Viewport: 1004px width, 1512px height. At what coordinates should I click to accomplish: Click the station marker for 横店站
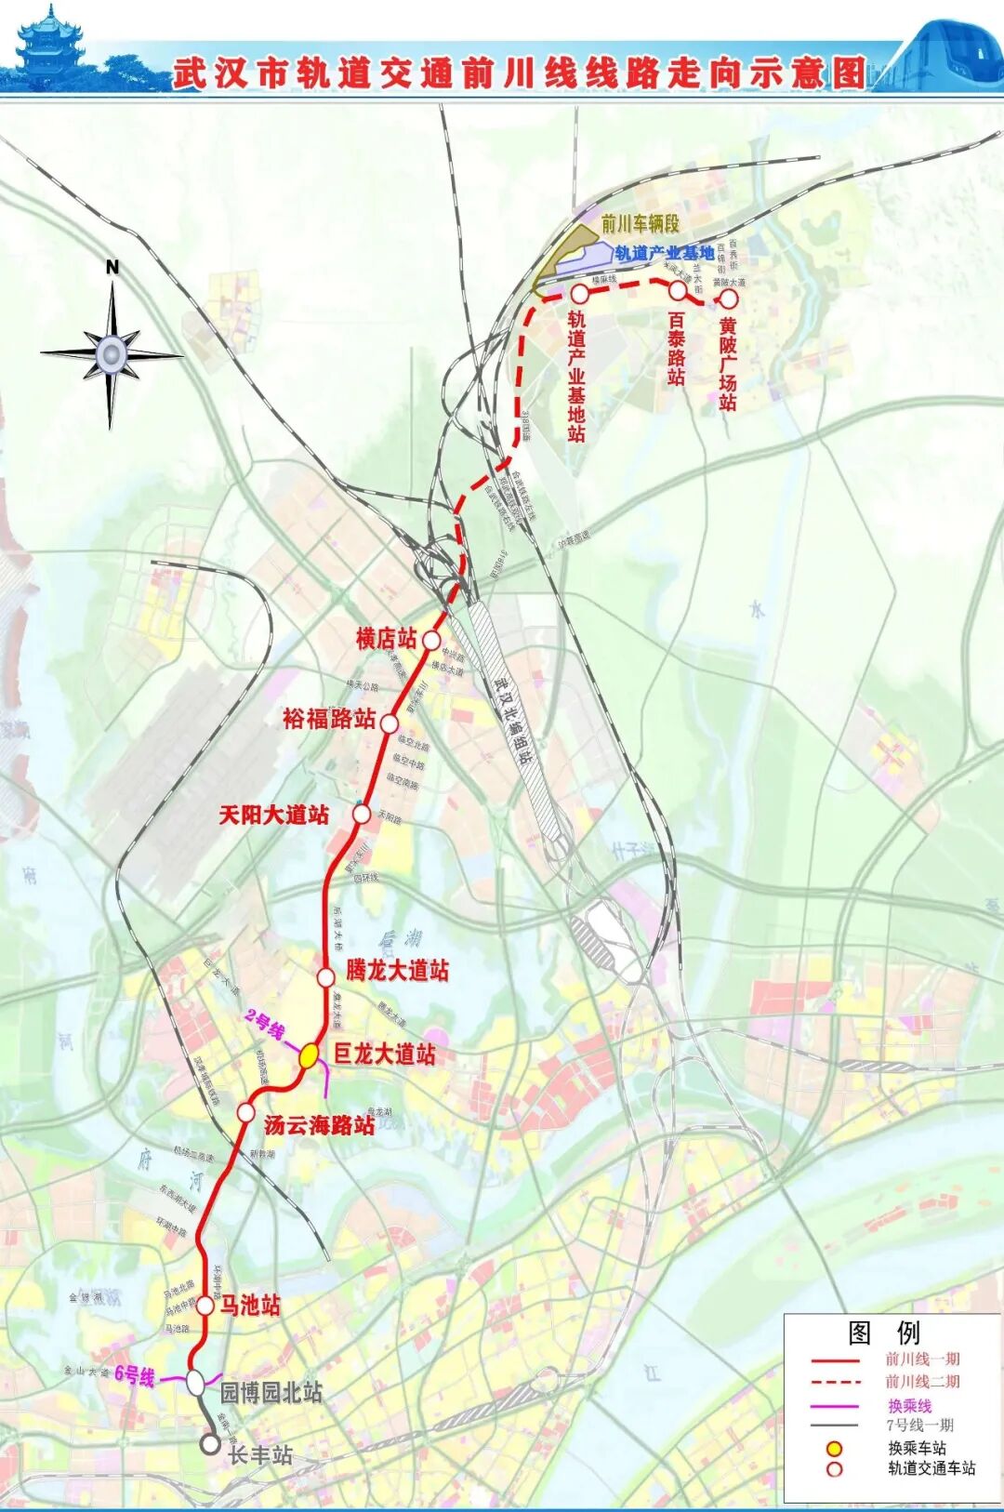pos(431,640)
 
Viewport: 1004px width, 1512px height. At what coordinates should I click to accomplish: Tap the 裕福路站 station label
pos(329,719)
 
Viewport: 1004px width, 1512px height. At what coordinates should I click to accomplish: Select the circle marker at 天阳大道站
pos(363,815)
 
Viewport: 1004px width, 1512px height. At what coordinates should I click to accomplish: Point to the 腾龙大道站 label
pos(397,971)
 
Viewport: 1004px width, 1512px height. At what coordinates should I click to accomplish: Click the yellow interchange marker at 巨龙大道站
pos(310,1055)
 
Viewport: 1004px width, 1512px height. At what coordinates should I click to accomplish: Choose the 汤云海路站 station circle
pos(245,1112)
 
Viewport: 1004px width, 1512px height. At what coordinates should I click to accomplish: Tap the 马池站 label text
pos(250,1306)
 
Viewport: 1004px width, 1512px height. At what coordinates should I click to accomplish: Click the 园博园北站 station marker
pos(196,1383)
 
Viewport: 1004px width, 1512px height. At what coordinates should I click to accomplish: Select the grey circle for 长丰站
pos(211,1444)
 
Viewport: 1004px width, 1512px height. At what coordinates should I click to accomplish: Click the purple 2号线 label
pos(264,1026)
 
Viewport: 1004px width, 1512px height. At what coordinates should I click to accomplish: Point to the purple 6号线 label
pos(135,1375)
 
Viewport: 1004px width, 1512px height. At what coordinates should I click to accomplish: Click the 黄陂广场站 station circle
pos(729,298)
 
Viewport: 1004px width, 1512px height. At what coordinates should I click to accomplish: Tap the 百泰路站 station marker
pos(678,290)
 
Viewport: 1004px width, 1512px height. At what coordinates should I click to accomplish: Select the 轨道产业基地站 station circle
pos(579,293)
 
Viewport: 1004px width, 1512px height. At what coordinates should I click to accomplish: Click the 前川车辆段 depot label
pos(641,223)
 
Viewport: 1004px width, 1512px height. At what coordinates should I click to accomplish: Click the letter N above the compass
pos(112,268)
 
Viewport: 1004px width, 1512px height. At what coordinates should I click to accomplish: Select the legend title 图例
pos(883,1333)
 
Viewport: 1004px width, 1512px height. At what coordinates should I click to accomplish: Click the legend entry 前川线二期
pos(922,1382)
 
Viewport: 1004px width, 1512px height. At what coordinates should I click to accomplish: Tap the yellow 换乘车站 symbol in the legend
pos(835,1448)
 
